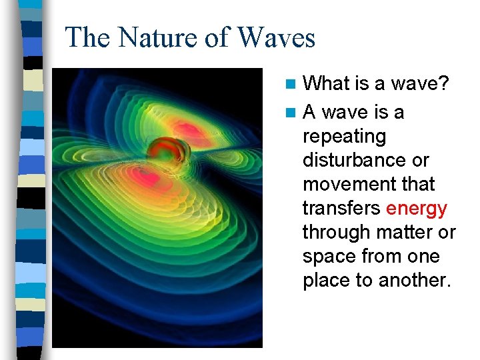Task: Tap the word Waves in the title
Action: pos(276,37)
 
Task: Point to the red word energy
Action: pos(417,209)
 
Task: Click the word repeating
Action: pos(344,137)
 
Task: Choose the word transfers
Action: pos(341,209)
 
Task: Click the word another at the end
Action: pos(415,281)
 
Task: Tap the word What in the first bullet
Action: pos(327,83)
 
